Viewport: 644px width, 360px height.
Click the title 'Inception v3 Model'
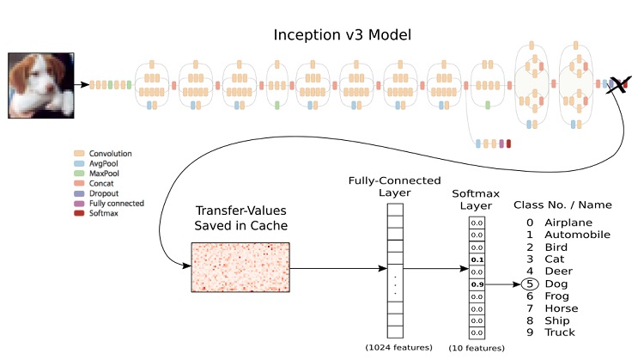(343, 35)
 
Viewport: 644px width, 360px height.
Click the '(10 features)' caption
(476, 347)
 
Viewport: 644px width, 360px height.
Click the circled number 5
(530, 284)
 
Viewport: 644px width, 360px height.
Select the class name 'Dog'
(556, 284)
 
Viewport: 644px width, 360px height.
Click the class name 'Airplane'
(568, 222)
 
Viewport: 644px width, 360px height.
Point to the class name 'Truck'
(560, 333)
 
